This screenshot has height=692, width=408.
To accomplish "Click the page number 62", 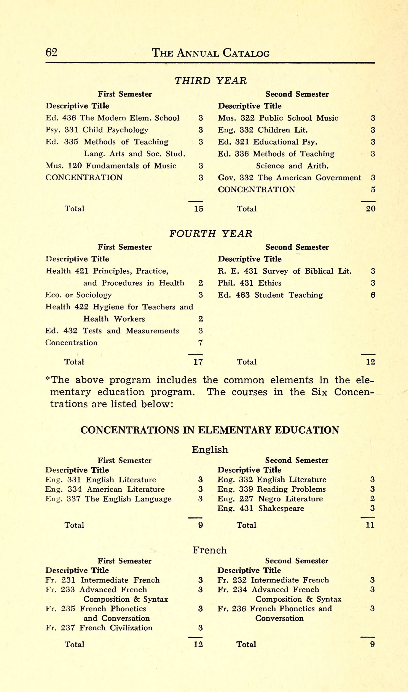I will (x=51, y=52).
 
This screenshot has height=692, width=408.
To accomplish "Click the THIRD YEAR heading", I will (x=211, y=81).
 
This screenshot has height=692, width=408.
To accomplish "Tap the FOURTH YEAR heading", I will (x=211, y=234).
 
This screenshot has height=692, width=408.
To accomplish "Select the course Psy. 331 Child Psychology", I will (x=97, y=130).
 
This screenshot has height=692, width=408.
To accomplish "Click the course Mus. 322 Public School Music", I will (x=278, y=118).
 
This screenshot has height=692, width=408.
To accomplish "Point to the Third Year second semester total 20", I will (x=370, y=209).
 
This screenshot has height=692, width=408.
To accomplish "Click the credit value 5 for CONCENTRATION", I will (x=373, y=189).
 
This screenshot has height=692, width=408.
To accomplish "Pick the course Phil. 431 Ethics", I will (x=249, y=283).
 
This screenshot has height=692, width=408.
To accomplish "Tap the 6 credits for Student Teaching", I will (x=373, y=295).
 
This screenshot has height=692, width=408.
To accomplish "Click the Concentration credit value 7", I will (x=200, y=343).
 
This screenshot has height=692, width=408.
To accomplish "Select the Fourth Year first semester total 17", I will (x=198, y=362).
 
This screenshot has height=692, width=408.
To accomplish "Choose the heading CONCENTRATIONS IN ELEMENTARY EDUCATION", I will (x=210, y=430).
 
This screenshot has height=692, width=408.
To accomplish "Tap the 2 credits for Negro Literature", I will (x=372, y=499).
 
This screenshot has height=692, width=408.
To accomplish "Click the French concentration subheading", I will (x=210, y=550).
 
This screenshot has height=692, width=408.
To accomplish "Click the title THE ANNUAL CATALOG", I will (x=211, y=53).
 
